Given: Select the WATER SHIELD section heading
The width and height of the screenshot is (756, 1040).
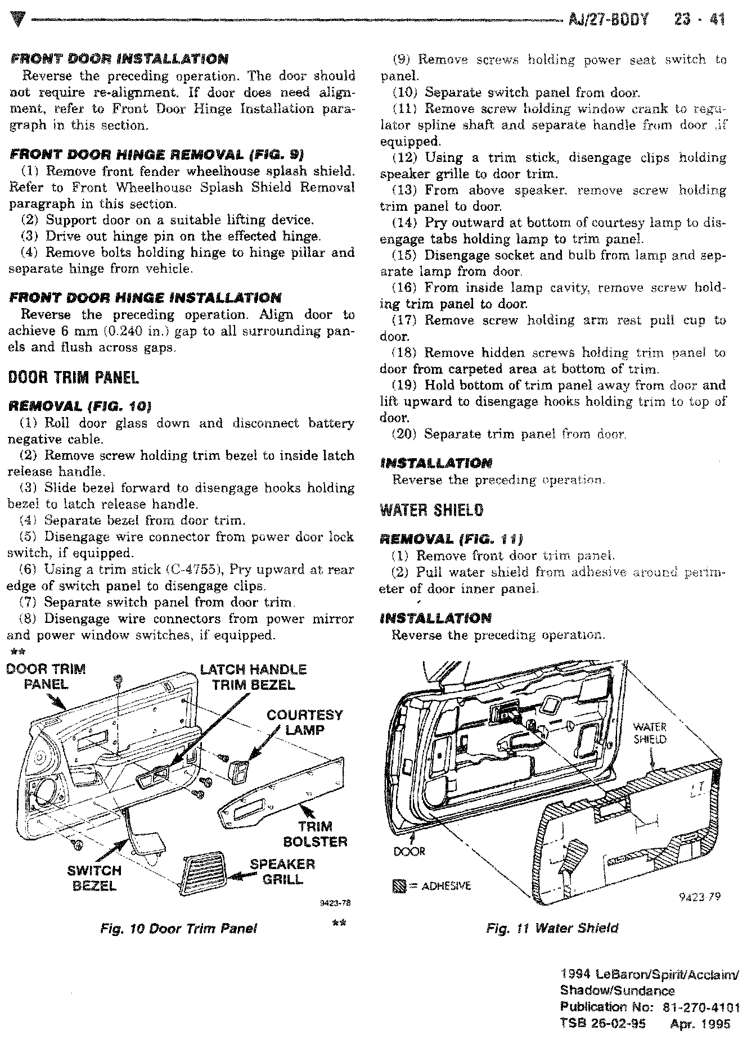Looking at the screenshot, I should pyautogui.click(x=431, y=510).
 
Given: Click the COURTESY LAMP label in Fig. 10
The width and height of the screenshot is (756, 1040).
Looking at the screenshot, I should pyautogui.click(x=304, y=722).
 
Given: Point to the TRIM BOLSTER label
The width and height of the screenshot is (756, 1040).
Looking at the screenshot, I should pyautogui.click(x=315, y=834).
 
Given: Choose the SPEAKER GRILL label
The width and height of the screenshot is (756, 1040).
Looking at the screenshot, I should pyautogui.click(x=282, y=872).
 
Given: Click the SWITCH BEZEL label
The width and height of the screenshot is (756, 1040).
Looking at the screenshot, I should pyautogui.click(x=94, y=878).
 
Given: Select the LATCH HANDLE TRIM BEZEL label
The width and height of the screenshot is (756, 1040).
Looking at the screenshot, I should pyautogui.click(x=253, y=677).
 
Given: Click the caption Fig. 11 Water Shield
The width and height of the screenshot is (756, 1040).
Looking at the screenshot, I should pyautogui.click(x=552, y=928).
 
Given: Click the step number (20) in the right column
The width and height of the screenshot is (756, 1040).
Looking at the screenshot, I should pyautogui.click(x=404, y=434).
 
